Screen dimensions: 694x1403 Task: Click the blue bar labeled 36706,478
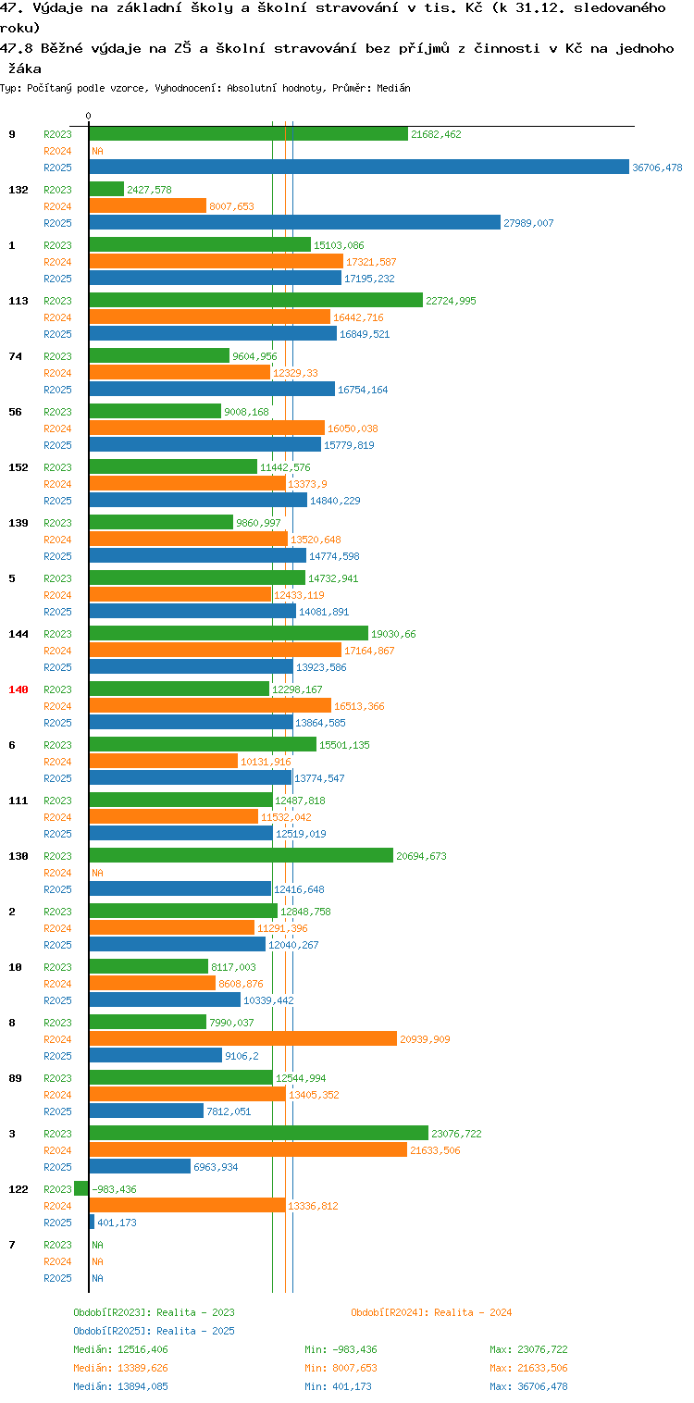click(359, 167)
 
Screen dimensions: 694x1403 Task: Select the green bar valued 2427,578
click(106, 189)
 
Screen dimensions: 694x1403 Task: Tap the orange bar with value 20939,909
click(243, 1038)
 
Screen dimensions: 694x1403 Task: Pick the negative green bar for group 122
click(81, 1188)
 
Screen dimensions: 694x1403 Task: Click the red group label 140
click(19, 689)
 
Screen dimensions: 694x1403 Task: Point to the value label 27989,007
click(528, 223)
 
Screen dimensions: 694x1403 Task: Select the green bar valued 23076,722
click(259, 1133)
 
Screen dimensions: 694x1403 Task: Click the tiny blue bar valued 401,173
click(93, 1222)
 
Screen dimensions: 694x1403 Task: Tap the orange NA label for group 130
click(97, 873)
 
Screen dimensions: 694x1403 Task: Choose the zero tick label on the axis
click(88, 116)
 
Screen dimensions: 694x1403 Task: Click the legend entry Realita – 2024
click(431, 1312)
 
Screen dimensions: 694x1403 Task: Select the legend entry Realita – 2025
click(155, 1330)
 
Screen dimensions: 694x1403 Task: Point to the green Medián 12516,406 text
click(121, 1349)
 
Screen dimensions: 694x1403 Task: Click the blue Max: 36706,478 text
click(528, 1386)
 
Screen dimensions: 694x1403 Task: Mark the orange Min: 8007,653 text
click(341, 1367)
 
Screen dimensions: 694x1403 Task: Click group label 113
click(19, 301)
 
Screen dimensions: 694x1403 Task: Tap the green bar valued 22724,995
click(256, 300)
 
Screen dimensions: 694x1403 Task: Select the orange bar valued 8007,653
click(148, 205)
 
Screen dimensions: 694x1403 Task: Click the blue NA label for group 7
click(97, 1278)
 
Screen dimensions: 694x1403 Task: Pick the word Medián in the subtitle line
click(393, 88)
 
